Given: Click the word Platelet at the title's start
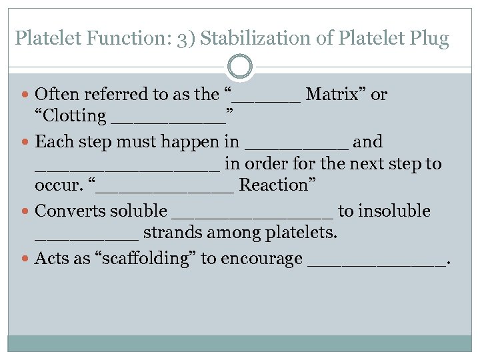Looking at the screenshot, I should pyautogui.click(x=44, y=38).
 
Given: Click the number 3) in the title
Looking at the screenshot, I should pyautogui.click(x=186, y=38).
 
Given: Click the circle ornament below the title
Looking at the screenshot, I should pyautogui.click(x=240, y=67).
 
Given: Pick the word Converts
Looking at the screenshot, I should pyautogui.click(x=66, y=211).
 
